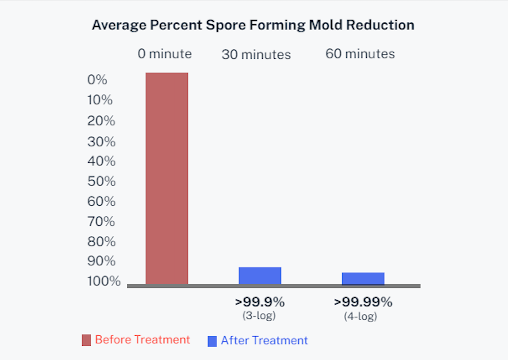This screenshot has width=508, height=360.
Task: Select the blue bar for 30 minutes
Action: pos(260,276)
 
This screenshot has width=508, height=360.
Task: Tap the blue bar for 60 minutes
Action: pos(363,278)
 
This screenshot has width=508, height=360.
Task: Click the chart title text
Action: pos(253,25)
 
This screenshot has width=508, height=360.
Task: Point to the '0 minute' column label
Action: pos(165,54)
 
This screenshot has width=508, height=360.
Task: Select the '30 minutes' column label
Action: pos(256,55)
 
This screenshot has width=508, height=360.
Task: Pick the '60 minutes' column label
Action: pos(360,54)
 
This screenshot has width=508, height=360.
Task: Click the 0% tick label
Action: pos(97,79)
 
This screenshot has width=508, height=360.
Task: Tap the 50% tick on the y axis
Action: pos(102,181)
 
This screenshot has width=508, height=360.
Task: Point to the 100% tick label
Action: pos(104,281)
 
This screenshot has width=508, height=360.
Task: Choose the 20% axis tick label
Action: pos(101,121)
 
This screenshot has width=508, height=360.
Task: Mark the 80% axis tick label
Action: pos(102,242)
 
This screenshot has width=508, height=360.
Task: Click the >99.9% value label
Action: pos(260,302)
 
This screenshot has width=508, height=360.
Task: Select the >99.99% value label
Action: pos(363,302)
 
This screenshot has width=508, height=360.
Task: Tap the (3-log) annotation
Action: pos(259,316)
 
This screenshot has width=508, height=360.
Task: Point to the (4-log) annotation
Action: pos(361,316)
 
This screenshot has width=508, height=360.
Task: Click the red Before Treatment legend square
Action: pos(86,340)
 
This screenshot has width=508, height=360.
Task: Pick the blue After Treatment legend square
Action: pos(212,341)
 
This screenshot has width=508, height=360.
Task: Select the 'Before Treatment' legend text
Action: pos(142,340)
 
